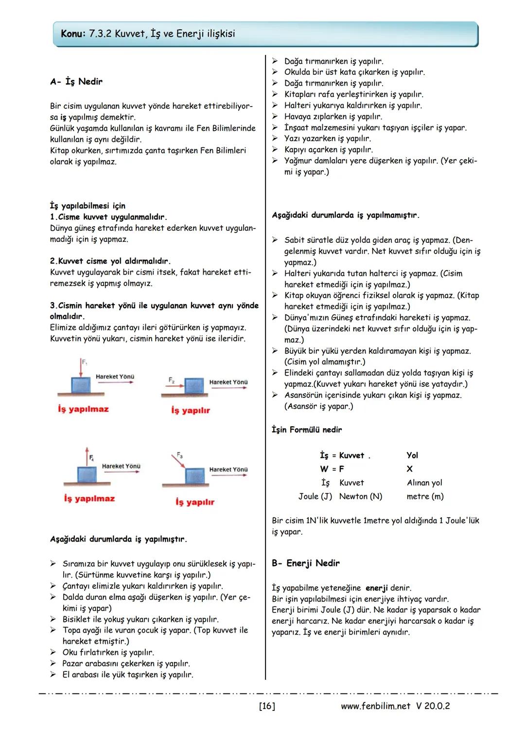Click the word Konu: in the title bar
click(x=73, y=34)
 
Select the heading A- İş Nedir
click(x=76, y=81)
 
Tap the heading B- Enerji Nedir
click(x=305, y=563)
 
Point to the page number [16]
click(x=267, y=706)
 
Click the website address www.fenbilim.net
click(x=375, y=706)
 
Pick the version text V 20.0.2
click(x=433, y=706)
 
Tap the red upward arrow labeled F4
click(x=87, y=456)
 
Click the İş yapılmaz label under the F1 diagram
click(x=83, y=409)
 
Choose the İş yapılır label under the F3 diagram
click(x=194, y=502)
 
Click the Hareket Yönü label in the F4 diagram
click(x=121, y=466)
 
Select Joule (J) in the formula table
click(x=315, y=496)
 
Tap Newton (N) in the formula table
click(x=360, y=496)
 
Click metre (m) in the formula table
click(x=425, y=496)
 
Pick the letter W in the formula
click(x=324, y=469)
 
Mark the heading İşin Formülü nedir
click(x=306, y=430)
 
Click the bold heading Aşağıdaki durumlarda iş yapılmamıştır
click(x=345, y=215)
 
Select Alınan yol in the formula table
click(x=424, y=483)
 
